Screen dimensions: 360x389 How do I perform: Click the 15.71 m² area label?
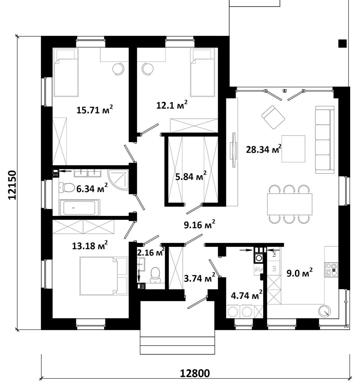click(94, 110)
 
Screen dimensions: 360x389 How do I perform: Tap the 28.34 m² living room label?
click(264, 149)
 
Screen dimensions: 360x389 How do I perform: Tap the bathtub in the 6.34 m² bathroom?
click(79, 207)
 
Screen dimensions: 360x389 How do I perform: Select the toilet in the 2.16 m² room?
click(156, 275)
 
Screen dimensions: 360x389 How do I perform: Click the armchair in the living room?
click(273, 117)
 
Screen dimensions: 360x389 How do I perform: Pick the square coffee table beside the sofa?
click(293, 149)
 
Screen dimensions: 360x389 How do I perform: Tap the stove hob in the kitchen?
click(331, 269)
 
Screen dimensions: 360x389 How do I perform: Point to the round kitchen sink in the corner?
click(325, 311)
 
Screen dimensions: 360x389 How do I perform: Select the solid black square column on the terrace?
click(343, 43)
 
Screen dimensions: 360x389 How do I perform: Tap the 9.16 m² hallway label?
click(200, 225)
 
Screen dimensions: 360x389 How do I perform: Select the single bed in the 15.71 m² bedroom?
click(66, 72)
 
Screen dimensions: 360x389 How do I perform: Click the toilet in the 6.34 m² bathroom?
click(67, 187)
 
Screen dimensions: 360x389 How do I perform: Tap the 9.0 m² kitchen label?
click(299, 273)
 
